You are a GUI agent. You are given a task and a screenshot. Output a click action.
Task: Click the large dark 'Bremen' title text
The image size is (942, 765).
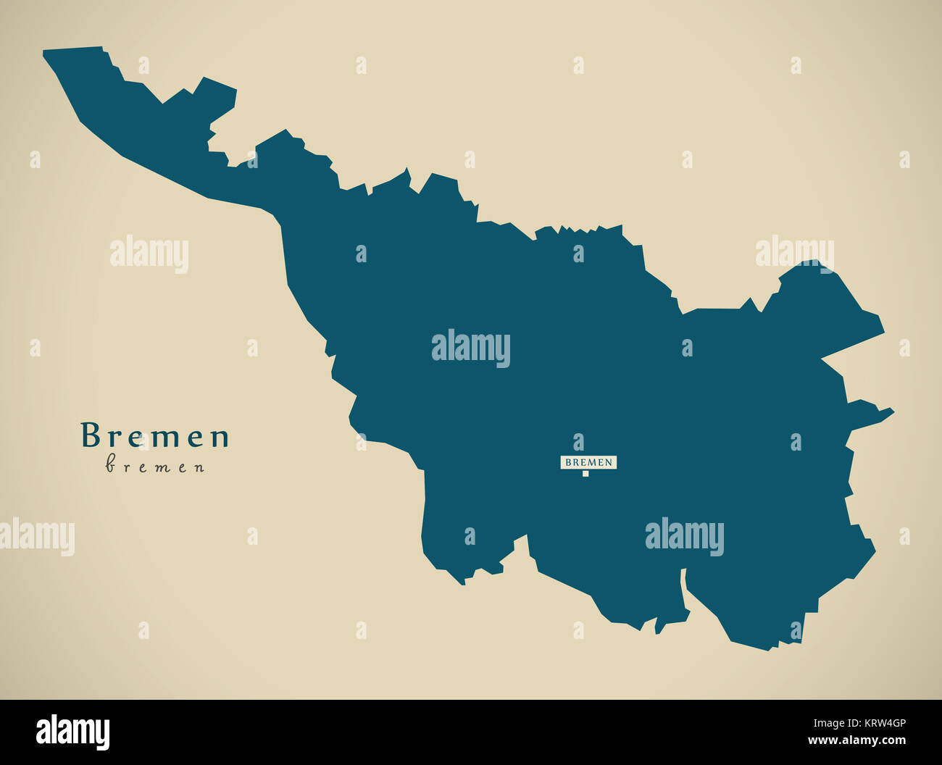[155, 436]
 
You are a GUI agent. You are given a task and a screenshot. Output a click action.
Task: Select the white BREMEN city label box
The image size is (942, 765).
[588, 461]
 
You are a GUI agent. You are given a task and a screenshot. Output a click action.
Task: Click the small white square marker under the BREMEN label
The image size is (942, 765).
[585, 474]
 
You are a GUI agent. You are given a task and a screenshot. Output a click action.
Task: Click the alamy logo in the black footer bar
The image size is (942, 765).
[72, 732]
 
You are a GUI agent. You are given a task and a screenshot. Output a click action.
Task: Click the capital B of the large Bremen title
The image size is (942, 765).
[89, 436]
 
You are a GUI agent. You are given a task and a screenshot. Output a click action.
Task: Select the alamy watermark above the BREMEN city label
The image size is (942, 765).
[471, 348]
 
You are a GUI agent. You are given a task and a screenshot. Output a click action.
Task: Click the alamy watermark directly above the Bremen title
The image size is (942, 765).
[149, 254]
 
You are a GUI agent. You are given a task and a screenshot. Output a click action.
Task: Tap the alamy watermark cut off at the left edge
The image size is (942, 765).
[36, 537]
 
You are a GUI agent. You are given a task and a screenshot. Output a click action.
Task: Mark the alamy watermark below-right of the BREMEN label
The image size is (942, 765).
[684, 537]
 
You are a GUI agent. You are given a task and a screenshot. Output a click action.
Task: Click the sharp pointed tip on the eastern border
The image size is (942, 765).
[891, 412]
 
